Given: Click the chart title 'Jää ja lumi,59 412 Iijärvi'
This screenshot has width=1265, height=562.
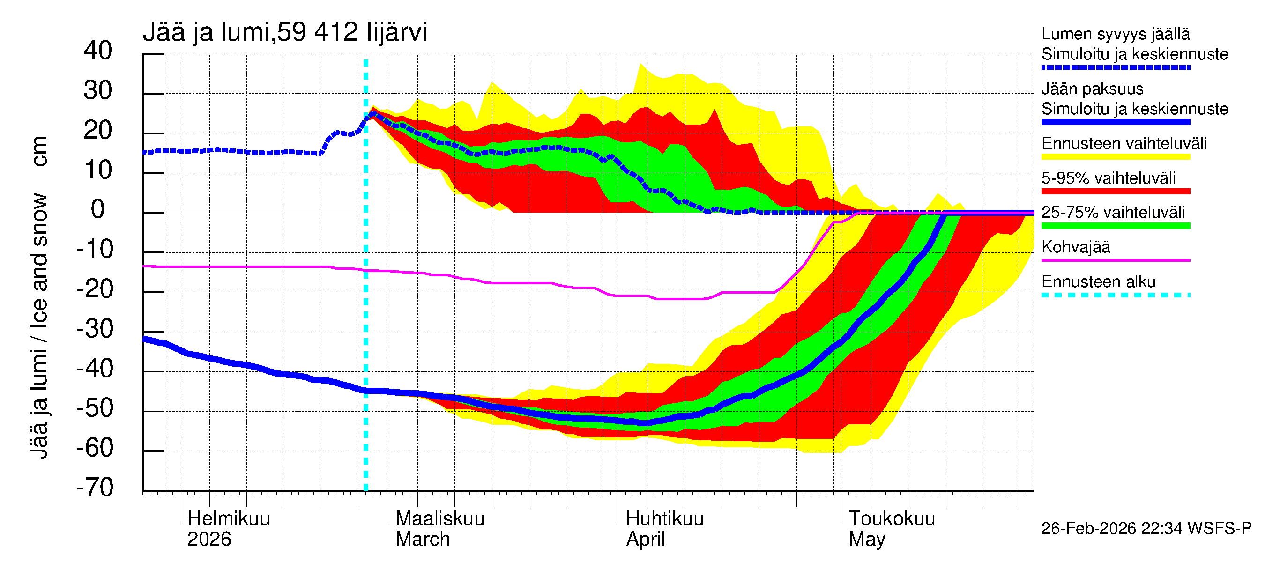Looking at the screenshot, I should (x=285, y=32).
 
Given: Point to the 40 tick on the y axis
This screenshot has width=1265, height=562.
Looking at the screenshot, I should (x=98, y=51).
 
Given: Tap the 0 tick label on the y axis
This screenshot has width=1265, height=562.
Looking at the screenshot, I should (x=98, y=210).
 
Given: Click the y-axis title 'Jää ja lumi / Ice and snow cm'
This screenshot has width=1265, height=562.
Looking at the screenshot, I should (x=39, y=297).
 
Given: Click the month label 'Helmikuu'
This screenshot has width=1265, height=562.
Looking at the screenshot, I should (x=228, y=519).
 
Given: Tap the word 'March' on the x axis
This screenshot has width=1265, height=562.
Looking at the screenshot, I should (x=422, y=540).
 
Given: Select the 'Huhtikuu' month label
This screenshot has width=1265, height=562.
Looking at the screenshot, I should (x=664, y=519).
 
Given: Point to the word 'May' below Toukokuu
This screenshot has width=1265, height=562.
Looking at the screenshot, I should (x=867, y=540).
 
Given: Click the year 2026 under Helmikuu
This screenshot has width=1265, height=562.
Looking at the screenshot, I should (x=208, y=540).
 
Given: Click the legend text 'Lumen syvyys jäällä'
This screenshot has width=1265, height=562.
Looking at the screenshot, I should (x=1115, y=34).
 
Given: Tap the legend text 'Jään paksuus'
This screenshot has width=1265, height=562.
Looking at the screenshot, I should (x=1092, y=89).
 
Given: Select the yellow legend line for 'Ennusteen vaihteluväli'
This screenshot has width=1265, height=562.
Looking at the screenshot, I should (x=1115, y=157).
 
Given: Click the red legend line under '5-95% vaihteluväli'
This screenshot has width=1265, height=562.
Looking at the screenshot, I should (x=1115, y=192).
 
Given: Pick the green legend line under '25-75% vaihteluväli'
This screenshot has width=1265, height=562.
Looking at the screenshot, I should (x=1115, y=226).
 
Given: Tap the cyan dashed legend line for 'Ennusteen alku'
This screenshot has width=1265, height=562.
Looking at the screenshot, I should (x=1115, y=296).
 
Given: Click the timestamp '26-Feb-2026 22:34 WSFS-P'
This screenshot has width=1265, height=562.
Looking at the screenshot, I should (x=1146, y=529).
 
